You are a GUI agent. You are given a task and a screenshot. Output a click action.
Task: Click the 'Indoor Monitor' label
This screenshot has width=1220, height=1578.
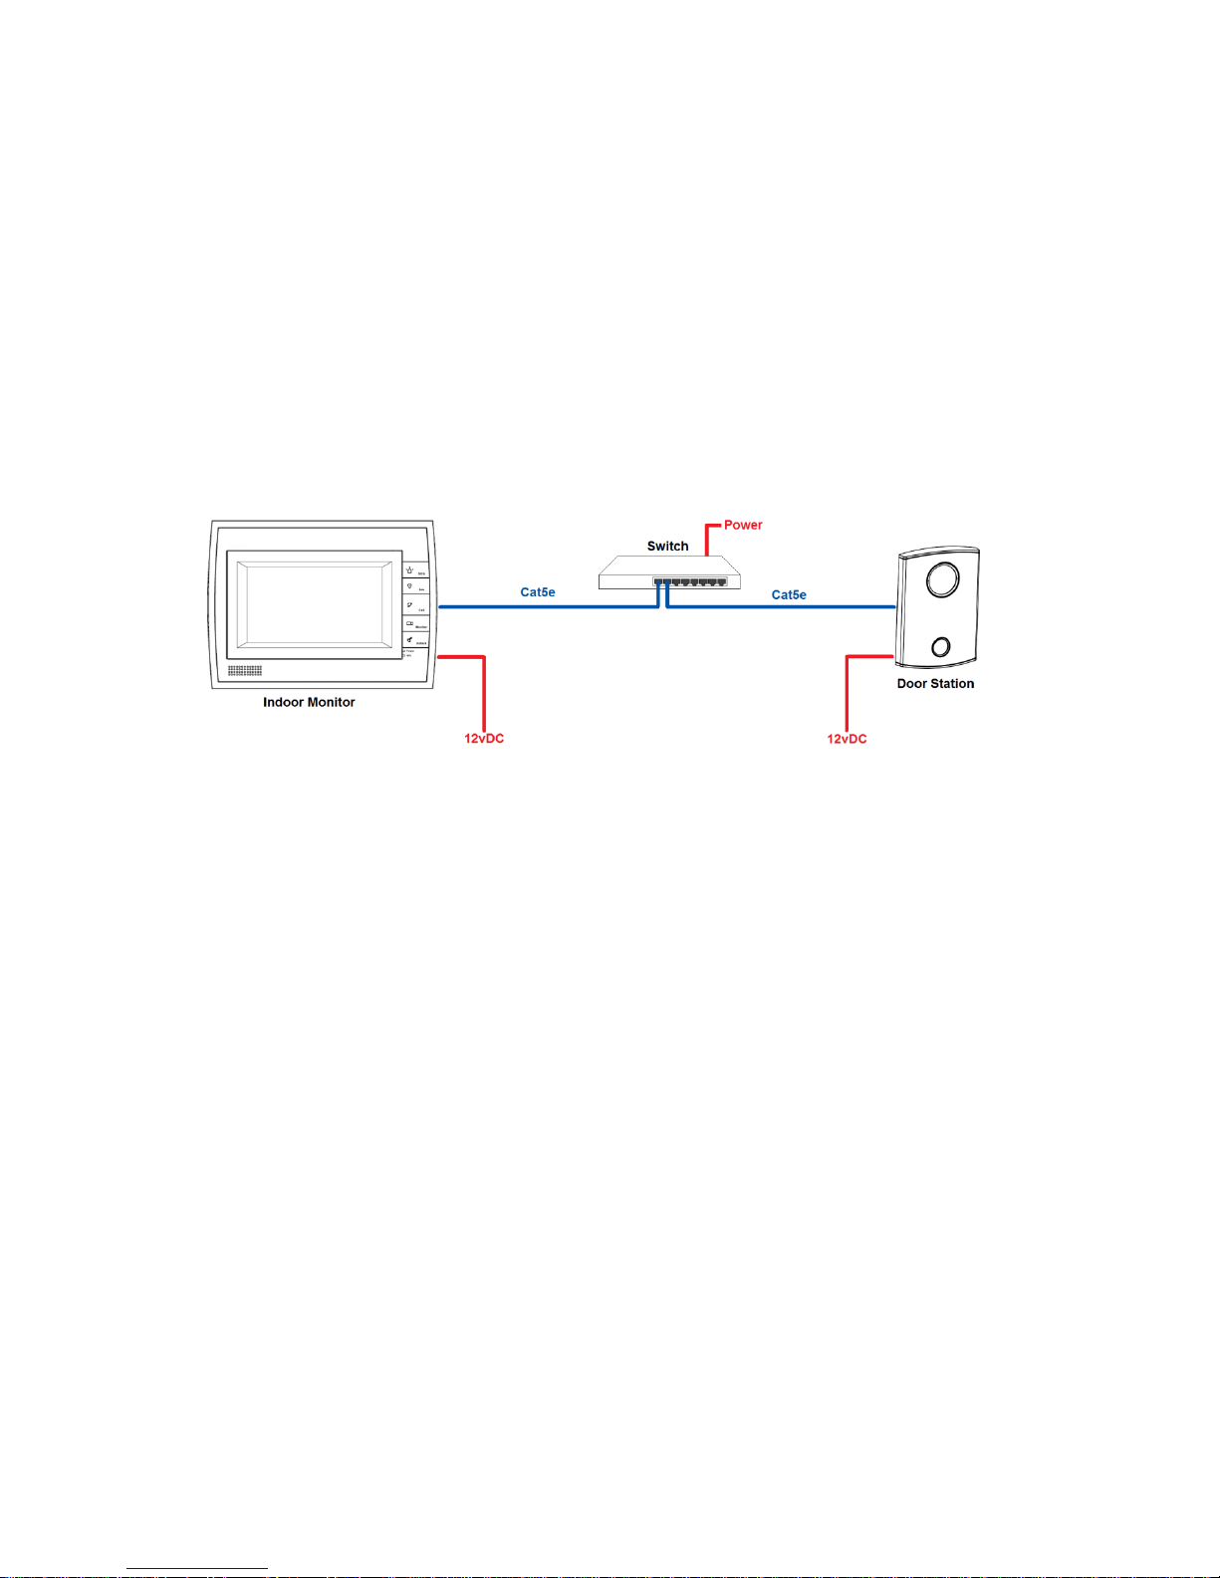click(x=309, y=702)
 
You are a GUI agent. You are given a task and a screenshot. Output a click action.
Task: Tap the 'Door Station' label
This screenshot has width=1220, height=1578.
click(x=935, y=684)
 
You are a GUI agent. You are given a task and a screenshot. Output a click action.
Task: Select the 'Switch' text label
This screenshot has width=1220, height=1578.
click(x=667, y=546)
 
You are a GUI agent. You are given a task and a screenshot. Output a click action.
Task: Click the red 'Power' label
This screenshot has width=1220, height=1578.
click(x=743, y=525)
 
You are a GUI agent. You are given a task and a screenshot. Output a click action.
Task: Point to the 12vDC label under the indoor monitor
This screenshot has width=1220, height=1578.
click(x=484, y=739)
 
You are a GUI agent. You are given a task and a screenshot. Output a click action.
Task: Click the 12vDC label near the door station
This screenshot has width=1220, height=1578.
click(x=847, y=739)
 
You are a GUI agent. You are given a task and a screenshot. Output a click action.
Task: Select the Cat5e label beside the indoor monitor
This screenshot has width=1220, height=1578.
click(x=538, y=592)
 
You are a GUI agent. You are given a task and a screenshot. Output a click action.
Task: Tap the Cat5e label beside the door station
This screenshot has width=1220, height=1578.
click(x=789, y=595)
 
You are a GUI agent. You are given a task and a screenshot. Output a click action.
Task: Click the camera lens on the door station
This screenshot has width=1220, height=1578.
click(x=942, y=579)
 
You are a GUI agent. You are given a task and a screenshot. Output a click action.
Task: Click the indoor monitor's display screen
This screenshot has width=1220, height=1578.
click(x=314, y=604)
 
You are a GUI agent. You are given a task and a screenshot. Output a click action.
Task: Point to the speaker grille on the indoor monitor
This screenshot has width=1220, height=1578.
click(x=245, y=671)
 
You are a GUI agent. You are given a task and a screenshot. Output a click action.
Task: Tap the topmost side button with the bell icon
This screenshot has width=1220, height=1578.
click(x=414, y=569)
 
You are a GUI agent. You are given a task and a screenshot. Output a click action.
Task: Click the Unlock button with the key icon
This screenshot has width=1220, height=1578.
click(x=414, y=641)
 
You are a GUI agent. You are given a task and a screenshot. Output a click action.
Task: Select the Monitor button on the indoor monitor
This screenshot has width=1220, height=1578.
click(x=414, y=624)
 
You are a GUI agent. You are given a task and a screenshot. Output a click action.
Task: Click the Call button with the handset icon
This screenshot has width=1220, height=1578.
click(x=414, y=606)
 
